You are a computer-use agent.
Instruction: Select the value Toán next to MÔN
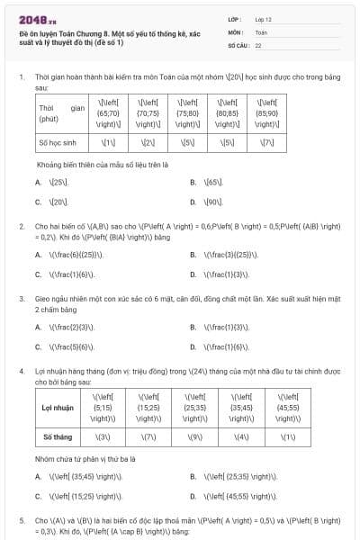(261, 31)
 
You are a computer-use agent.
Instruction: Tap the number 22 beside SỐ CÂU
(258, 44)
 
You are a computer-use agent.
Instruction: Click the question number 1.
(22, 78)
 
